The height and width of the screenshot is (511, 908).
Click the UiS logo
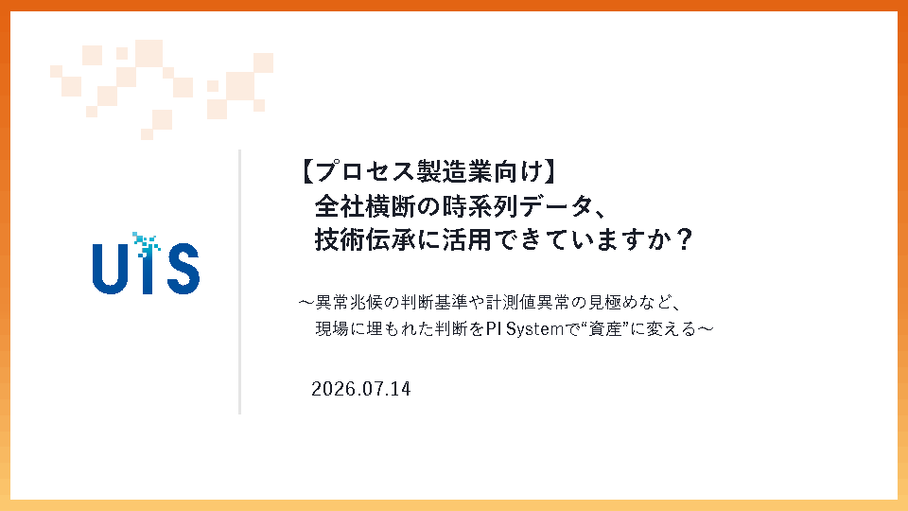(x=146, y=263)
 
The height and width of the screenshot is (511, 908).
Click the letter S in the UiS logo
(x=183, y=269)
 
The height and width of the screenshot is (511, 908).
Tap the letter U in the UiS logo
(x=110, y=270)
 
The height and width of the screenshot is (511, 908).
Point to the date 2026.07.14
(x=360, y=389)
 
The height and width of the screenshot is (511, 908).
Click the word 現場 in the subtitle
(x=332, y=329)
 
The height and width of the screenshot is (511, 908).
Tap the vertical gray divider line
(x=239, y=282)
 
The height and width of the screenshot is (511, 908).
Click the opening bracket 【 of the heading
(x=307, y=171)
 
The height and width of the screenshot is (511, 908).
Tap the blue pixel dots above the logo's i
(x=146, y=244)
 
